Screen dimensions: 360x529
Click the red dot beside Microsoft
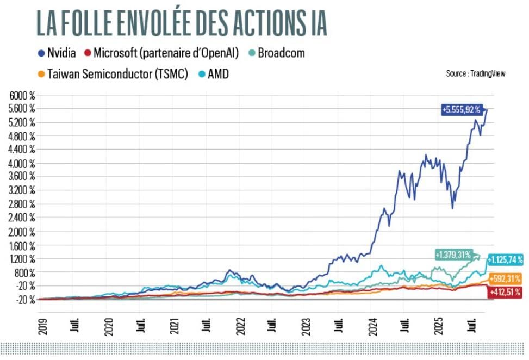point(86,53)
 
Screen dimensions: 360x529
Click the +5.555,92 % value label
point(461,110)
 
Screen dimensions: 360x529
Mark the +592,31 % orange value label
point(505,279)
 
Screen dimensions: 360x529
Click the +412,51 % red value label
point(505,293)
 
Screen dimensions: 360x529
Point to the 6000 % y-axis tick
point(23,95)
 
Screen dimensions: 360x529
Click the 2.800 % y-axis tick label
point(23,204)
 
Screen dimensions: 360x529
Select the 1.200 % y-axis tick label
point(23,258)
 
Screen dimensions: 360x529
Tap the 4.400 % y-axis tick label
point(23,149)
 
